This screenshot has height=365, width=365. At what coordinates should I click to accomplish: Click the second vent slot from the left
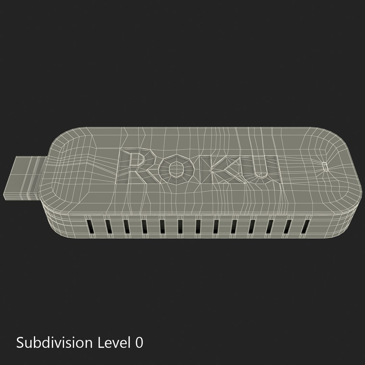coord(109,227)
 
